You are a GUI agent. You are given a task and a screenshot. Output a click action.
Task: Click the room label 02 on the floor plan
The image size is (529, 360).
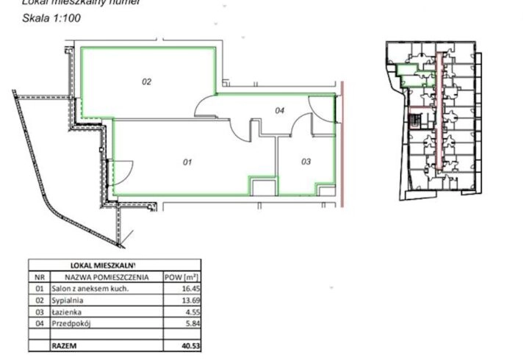(x=146, y=82)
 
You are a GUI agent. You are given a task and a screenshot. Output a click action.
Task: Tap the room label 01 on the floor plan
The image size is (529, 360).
(x=187, y=162)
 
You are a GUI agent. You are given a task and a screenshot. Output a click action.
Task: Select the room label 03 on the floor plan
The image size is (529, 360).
(x=306, y=160)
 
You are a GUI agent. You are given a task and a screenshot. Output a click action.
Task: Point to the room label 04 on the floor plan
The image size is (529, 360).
(x=279, y=111)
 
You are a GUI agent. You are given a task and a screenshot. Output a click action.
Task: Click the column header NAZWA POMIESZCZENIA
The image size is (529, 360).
(x=107, y=277)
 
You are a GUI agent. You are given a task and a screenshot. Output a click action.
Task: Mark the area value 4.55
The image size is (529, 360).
(x=190, y=312)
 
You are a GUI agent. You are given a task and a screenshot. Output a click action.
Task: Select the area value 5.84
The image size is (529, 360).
(x=190, y=323)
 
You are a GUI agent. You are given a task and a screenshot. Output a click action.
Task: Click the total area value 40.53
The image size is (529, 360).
(x=188, y=345)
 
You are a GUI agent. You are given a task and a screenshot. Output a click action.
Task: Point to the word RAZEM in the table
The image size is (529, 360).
(x=63, y=345)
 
